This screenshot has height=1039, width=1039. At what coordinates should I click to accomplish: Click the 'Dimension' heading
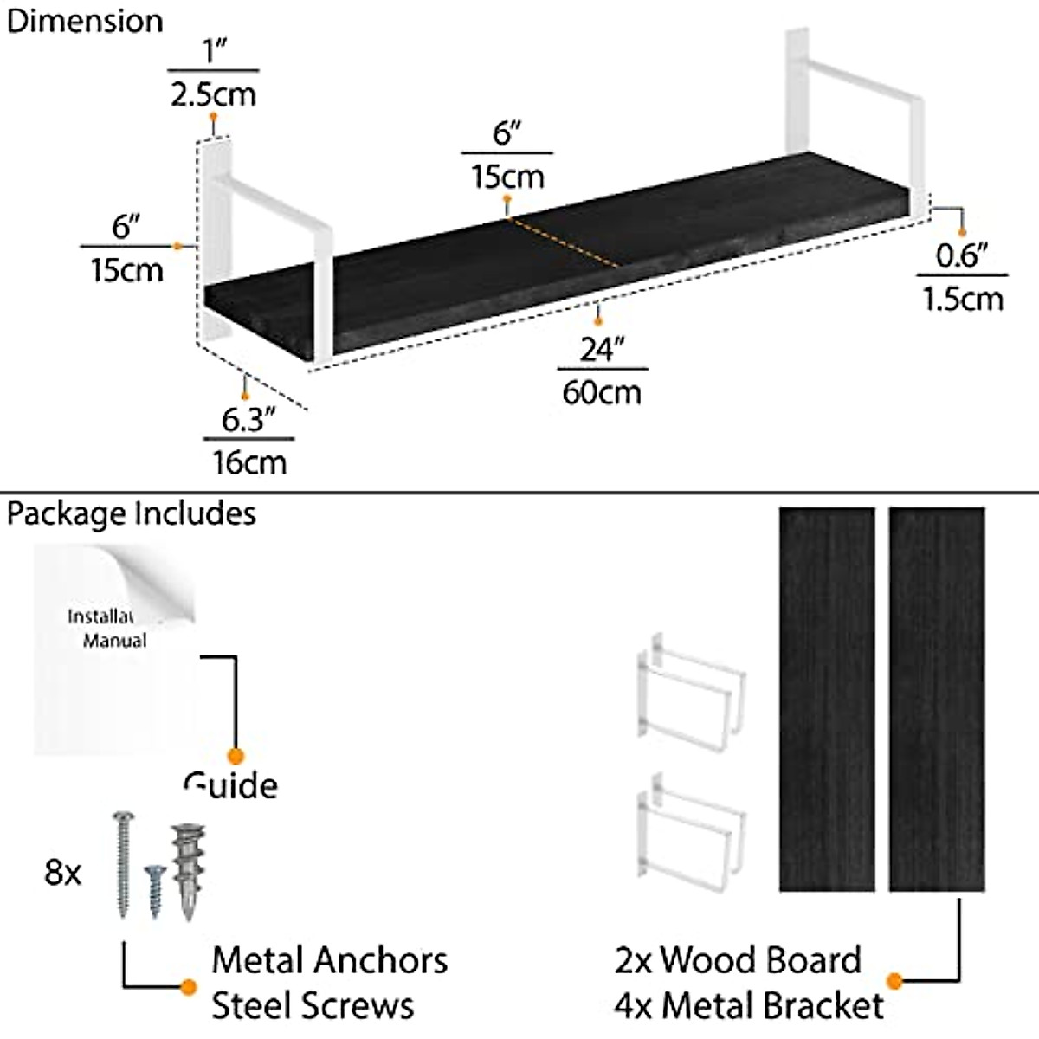pos(84,21)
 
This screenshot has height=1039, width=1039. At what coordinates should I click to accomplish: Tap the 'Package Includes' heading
pos(131,513)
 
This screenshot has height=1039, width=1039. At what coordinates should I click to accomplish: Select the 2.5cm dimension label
pos(213,94)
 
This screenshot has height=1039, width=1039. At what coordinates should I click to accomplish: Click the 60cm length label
pos(602,392)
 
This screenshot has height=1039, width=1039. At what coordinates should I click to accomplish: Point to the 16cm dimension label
pos(249,462)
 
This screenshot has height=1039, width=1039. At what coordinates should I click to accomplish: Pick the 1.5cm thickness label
pos(962,300)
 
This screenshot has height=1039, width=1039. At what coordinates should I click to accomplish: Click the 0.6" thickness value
pos(962,255)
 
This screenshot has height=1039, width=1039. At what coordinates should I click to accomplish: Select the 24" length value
pos(602,349)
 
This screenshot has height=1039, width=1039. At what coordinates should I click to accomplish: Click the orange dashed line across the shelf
pos(563,242)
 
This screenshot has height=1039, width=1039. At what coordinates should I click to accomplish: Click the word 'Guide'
pos(230,785)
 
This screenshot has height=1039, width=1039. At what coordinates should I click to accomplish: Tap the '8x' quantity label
pos(62,872)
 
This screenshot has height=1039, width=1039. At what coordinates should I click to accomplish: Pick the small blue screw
pos(154,890)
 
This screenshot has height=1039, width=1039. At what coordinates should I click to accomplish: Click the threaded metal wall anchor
pos(186,870)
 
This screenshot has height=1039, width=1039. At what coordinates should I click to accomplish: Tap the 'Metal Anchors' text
pos(329,960)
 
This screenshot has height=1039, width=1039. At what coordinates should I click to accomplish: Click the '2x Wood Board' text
pos(738,960)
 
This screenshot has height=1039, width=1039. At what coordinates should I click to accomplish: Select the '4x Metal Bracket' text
pos(749,1005)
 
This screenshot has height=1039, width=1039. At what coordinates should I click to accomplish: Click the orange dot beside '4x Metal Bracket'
pos(895,981)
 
